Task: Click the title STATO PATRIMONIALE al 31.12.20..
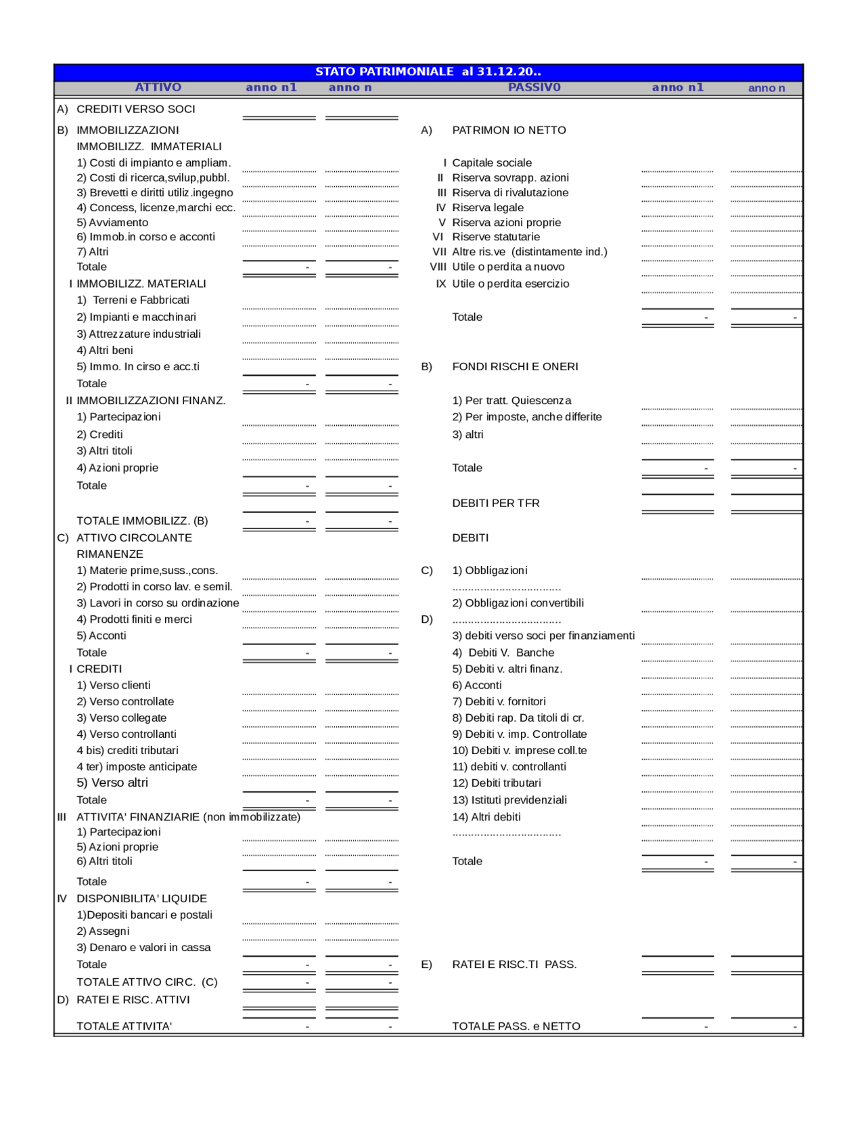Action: click(x=428, y=71)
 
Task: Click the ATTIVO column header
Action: click(x=158, y=87)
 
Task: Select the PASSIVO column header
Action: click(x=534, y=87)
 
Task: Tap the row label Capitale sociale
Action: click(x=491, y=162)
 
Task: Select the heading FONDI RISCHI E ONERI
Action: click(x=515, y=366)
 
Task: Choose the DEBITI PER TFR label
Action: click(x=495, y=503)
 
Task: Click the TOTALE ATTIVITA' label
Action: click(x=124, y=1026)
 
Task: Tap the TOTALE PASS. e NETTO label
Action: click(x=516, y=1026)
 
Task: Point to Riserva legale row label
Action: click(x=487, y=207)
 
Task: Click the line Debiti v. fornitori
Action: click(x=499, y=701)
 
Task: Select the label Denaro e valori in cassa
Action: click(x=143, y=947)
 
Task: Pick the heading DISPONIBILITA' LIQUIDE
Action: click(x=141, y=898)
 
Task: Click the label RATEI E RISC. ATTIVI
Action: click(x=133, y=999)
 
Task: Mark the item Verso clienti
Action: click(x=114, y=685)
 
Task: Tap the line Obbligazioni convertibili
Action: click(x=518, y=602)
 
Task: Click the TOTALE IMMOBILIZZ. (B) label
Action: click(x=142, y=521)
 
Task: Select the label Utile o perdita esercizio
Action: click(x=510, y=284)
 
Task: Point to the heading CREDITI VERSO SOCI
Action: click(x=135, y=109)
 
